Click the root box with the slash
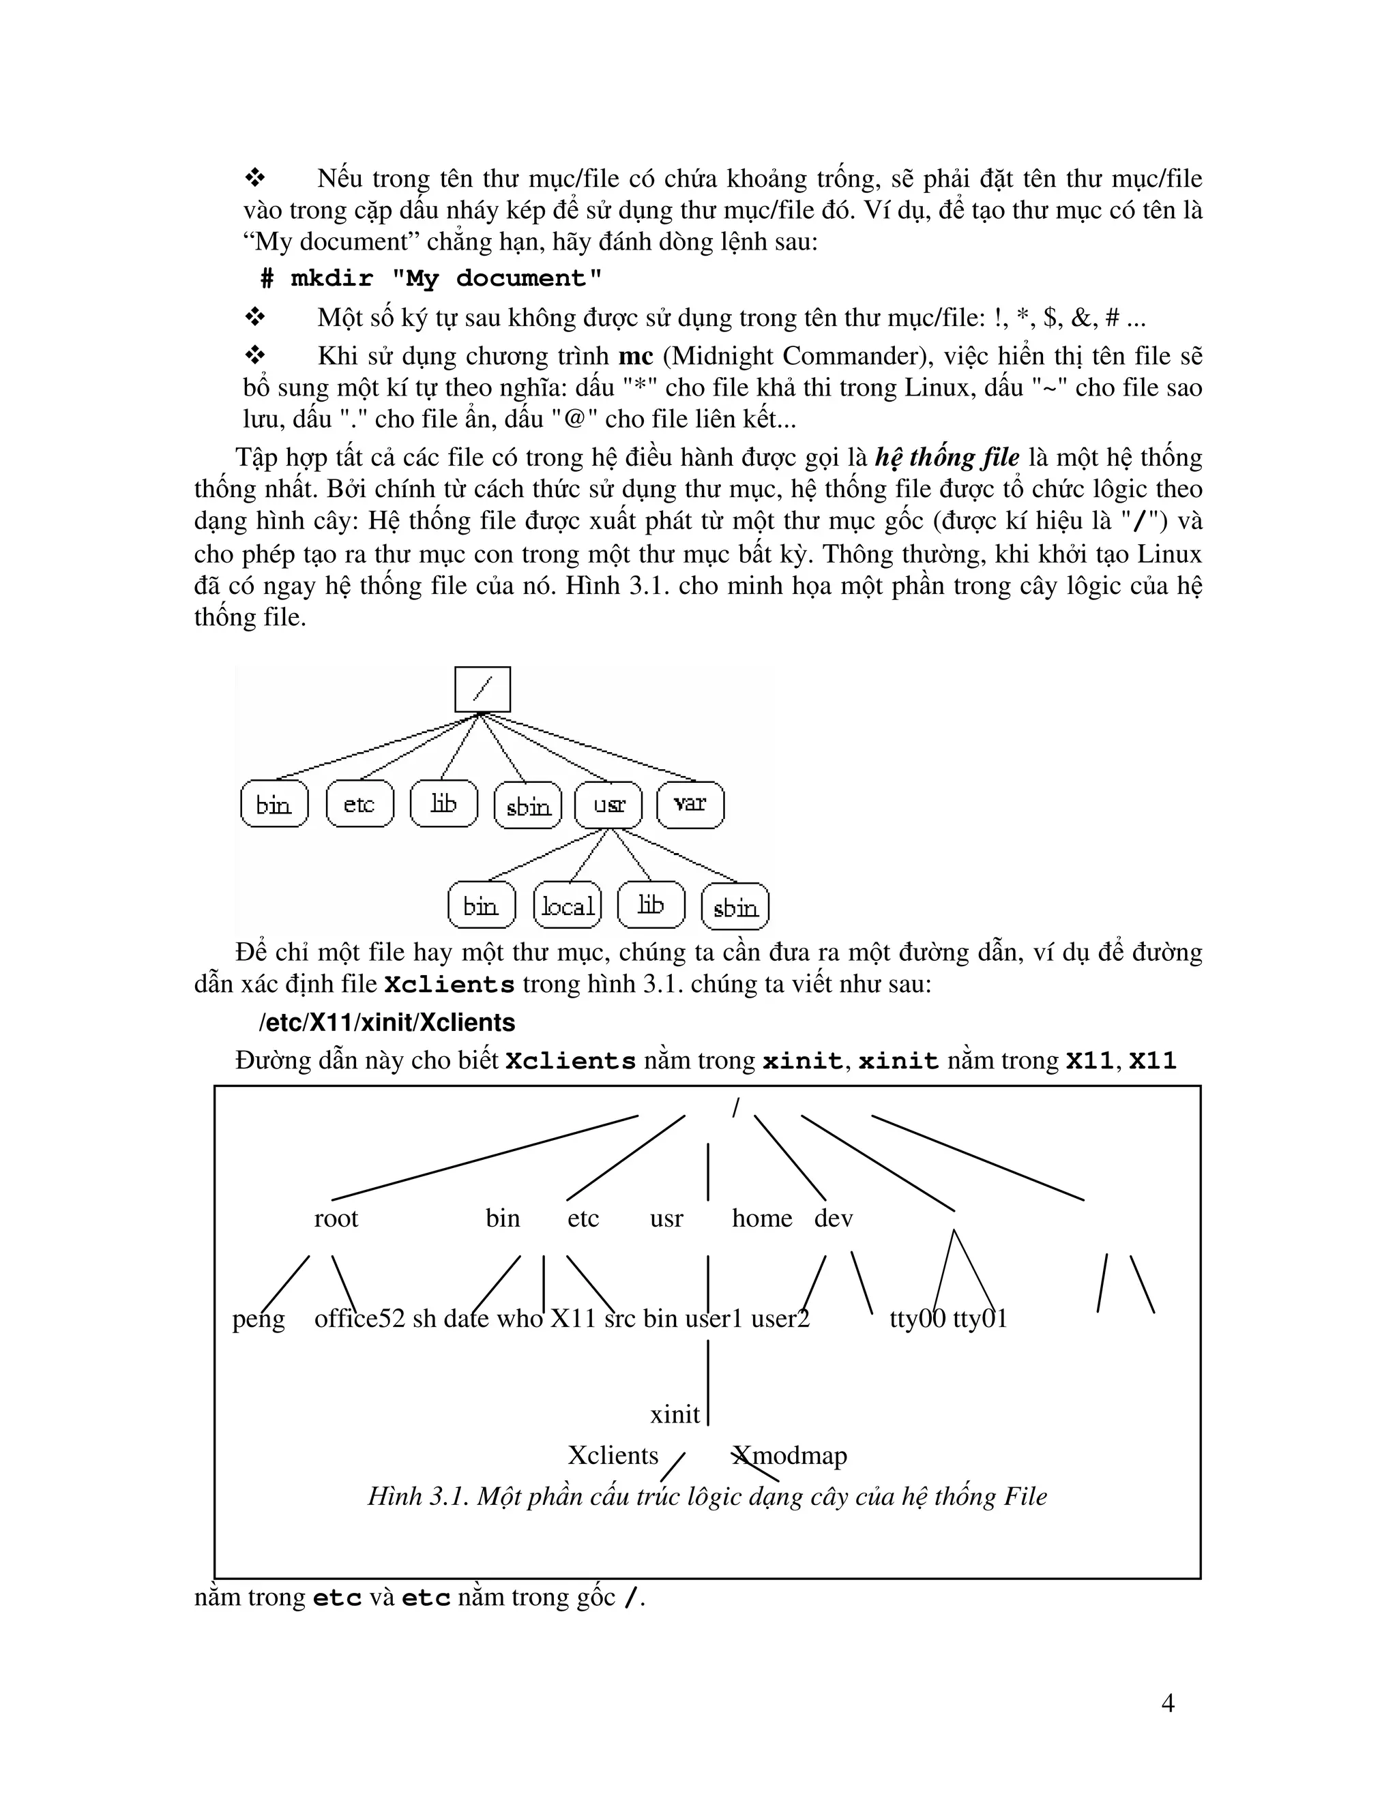[x=482, y=689]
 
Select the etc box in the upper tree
[x=359, y=804]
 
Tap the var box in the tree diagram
[x=690, y=804]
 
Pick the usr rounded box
[x=608, y=804]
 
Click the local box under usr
[x=567, y=906]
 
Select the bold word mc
[x=636, y=357]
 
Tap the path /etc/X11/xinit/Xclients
[x=387, y=1024]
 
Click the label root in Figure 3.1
[x=336, y=1219]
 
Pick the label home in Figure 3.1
[x=761, y=1219]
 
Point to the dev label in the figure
[x=833, y=1219]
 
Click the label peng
[x=259, y=1319]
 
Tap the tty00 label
[x=917, y=1319]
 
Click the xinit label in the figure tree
[x=675, y=1415]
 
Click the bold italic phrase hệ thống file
[x=946, y=458]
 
